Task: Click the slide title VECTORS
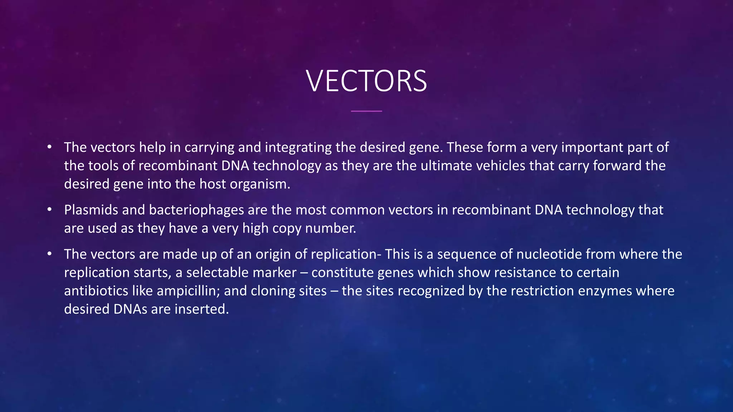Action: point(366,81)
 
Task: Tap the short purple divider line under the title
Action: point(366,111)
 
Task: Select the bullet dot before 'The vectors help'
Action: point(49,147)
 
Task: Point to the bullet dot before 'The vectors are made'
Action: point(49,254)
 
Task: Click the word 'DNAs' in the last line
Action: point(130,309)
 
